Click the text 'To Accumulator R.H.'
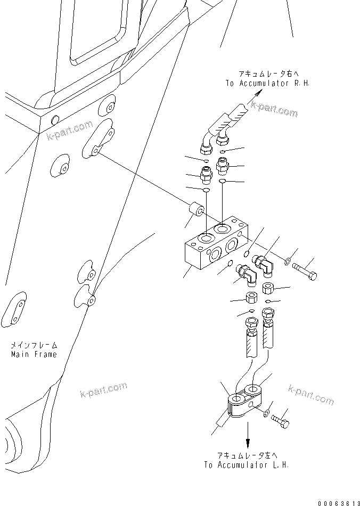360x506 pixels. coord(267,83)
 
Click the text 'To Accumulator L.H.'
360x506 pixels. coord(246,464)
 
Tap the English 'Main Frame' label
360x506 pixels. coord(34,354)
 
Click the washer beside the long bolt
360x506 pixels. coord(287,261)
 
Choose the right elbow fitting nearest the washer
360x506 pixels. coord(263,262)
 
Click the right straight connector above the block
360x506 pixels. coord(223,166)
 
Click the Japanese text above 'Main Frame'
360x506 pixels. coord(34,345)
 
